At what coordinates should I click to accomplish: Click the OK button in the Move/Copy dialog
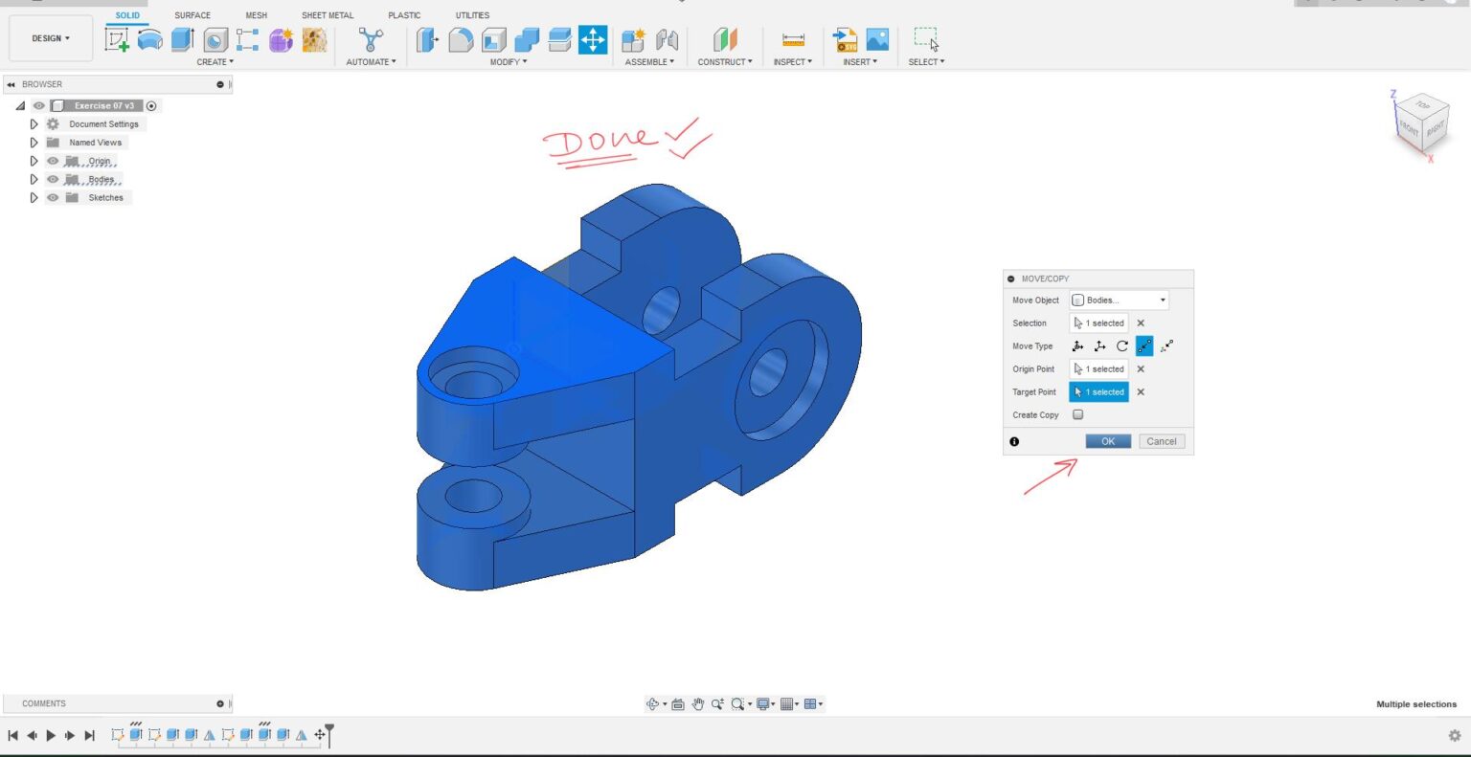[x=1107, y=441]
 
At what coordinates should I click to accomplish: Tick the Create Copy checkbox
[x=1077, y=414]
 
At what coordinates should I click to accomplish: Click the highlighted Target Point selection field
[x=1098, y=391]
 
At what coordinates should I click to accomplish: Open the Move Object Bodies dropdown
[x=1119, y=301]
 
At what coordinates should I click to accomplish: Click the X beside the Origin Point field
[x=1141, y=369]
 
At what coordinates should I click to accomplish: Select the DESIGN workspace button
[x=51, y=38]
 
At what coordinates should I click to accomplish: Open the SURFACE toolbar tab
[x=192, y=15]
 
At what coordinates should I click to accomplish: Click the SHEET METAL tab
[x=328, y=15]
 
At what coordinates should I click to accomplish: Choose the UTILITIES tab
[x=472, y=15]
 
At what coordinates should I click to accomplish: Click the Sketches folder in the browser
[x=105, y=198]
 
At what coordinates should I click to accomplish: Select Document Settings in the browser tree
[x=103, y=124]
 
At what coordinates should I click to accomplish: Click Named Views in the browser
[x=95, y=143]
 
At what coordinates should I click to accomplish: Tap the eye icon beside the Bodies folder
[x=53, y=180]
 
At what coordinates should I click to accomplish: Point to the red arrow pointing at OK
[x=1051, y=477]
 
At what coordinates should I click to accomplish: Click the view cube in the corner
[x=1420, y=122]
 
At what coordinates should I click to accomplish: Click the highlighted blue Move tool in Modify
[x=593, y=39]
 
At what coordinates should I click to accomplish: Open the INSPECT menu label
[x=792, y=62]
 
